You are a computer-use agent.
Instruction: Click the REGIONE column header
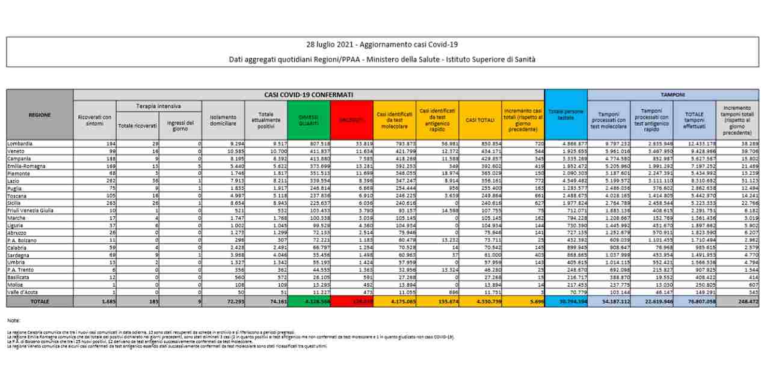pos(40,115)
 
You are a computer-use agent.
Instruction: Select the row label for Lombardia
pos(20,144)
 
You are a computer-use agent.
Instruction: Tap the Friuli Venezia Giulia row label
pos(30,210)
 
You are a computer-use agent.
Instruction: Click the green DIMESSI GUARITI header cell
pos(309,120)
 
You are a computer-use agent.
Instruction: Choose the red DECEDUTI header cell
pos(352,120)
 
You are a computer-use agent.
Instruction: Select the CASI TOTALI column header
pos(480,120)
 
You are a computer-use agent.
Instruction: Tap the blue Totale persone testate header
pos(565,115)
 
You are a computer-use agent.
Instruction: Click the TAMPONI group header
pos(673,94)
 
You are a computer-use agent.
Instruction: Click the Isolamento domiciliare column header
pos(223,120)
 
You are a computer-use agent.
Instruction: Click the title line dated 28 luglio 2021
pos(382,45)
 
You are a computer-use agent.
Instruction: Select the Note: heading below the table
pos(14,320)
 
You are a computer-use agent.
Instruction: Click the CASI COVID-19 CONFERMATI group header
pos(309,94)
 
